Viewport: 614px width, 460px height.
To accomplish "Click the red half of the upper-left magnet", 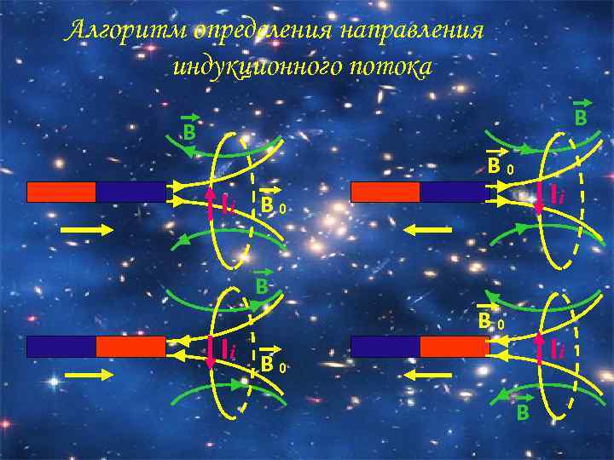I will coord(61,192).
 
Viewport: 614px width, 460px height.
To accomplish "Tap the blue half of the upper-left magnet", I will coord(130,192).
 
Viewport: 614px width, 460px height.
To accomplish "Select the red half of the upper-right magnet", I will coord(385,192).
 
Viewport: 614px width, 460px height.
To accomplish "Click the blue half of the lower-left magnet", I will coord(61,346).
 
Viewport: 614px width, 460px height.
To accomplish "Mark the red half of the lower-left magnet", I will coord(130,346).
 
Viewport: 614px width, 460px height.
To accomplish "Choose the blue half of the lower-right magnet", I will coord(385,346).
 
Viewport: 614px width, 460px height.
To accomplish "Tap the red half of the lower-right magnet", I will coord(455,346).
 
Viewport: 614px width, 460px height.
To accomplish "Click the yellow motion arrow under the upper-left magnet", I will coord(87,229).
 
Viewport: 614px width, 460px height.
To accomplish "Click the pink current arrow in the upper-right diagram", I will coord(539,198).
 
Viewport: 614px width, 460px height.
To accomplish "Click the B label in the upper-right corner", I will coord(580,115).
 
